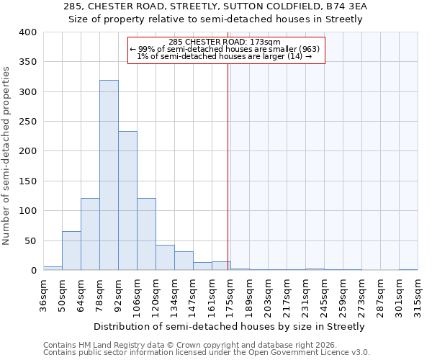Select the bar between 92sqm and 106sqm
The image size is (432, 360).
pyautogui.click(x=127, y=201)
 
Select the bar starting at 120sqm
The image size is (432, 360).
pyautogui.click(x=165, y=258)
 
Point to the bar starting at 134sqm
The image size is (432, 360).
pyautogui.click(x=184, y=261)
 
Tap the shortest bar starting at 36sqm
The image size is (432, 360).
pyautogui.click(x=53, y=268)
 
